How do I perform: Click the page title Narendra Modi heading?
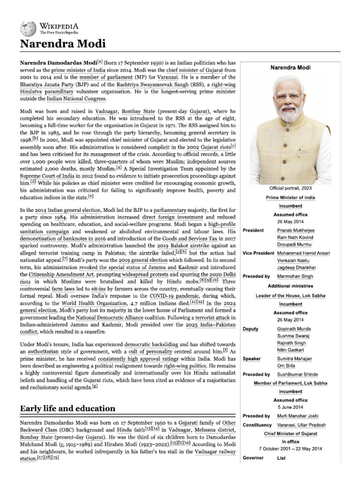(x=62, y=45)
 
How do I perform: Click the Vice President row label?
(x=258, y=253)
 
